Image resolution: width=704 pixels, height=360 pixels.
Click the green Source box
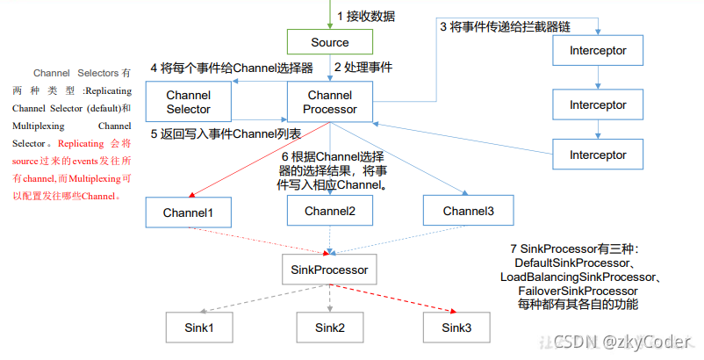pyautogui.click(x=330, y=42)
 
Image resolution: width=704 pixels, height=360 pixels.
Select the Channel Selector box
pyautogui.click(x=189, y=102)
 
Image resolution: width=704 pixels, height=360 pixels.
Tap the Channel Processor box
pyautogui.click(x=330, y=102)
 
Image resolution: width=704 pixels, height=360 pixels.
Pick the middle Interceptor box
pyautogui.click(x=597, y=104)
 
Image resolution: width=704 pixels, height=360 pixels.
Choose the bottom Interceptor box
pyautogui.click(x=597, y=155)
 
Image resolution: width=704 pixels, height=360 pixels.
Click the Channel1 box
pyautogui.click(x=189, y=212)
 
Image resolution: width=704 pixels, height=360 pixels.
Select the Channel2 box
pyautogui.click(x=330, y=211)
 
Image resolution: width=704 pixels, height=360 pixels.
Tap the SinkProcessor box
pyautogui.click(x=330, y=270)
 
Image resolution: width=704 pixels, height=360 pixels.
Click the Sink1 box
pyautogui.click(x=198, y=328)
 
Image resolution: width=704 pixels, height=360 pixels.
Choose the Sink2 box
pyautogui.click(x=330, y=328)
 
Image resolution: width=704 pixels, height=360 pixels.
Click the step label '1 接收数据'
pyautogui.click(x=366, y=15)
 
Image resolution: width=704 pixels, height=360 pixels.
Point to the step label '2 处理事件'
pyautogui.click(x=363, y=67)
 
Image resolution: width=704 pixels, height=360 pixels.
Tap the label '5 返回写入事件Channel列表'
pyautogui.click(x=226, y=134)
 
